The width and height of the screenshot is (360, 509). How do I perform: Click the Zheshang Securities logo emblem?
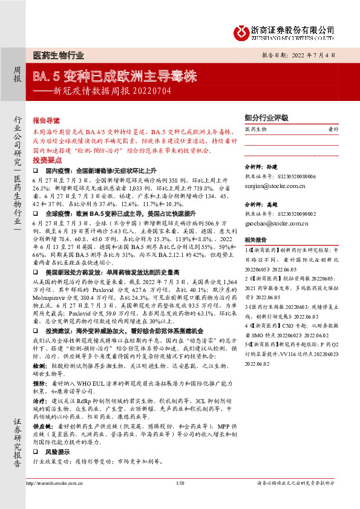[x=243, y=31]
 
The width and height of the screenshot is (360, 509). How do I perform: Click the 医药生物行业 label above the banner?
[x=58, y=55]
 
